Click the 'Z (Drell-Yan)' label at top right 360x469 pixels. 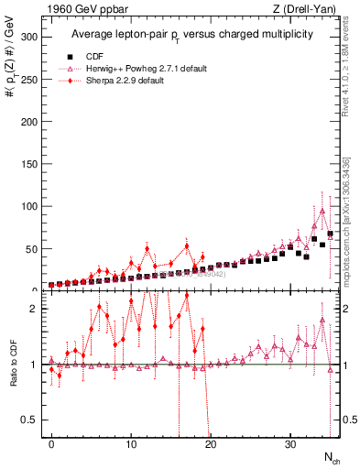pos(306,9)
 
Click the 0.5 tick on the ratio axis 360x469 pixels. pos(30,420)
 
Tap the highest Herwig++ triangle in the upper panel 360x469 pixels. pos(322,211)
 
